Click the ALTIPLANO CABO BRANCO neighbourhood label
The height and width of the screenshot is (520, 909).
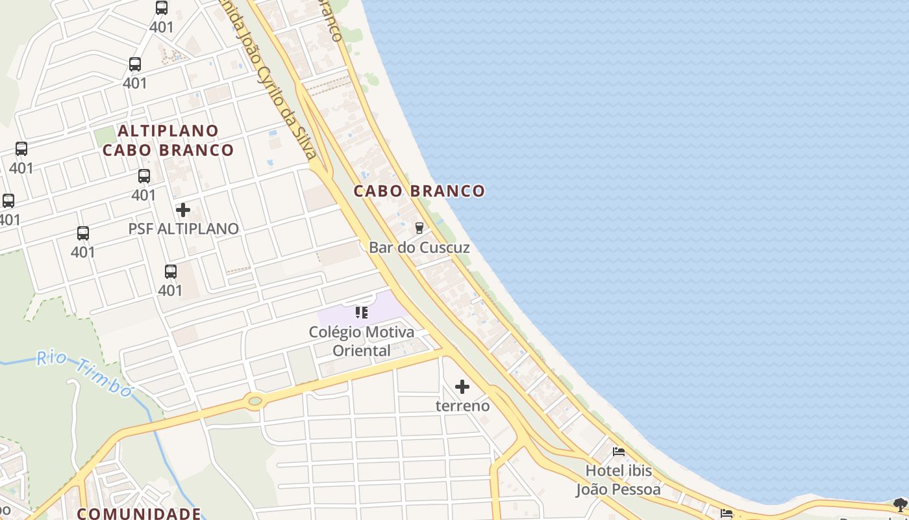168,140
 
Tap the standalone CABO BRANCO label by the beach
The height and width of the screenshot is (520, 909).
419,191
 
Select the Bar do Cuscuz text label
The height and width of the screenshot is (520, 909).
419,248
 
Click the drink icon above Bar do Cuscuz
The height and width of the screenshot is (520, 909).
419,227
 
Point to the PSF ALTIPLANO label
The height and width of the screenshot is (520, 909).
183,229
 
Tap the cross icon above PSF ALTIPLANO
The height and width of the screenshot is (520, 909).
183,210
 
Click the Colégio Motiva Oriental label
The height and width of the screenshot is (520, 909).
362,341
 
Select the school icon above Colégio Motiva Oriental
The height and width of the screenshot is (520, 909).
362,313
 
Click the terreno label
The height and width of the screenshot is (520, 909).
462,406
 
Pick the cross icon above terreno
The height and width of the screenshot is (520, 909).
462,387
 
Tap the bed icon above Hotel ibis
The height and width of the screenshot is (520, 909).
619,451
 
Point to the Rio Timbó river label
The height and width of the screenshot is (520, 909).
84,372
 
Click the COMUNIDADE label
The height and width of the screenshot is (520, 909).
139,513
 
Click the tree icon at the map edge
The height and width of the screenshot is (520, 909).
900,504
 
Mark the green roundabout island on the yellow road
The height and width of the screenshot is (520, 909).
255,401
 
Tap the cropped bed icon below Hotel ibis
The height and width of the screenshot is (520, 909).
727,514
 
